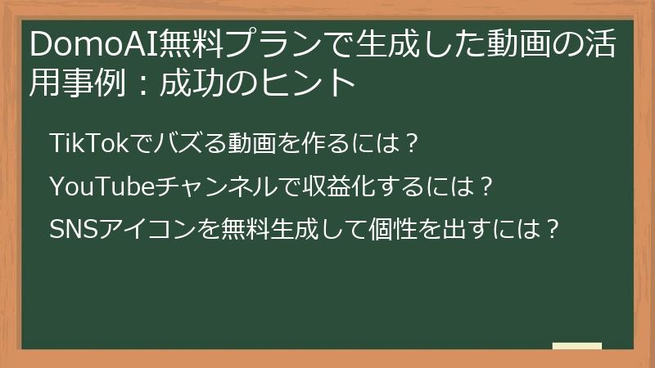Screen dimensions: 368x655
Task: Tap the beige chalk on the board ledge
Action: [x=576, y=345]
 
